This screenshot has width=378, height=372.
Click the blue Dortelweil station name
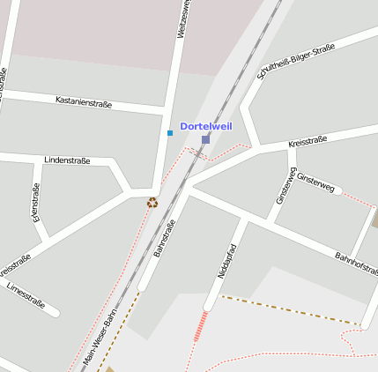point(205,127)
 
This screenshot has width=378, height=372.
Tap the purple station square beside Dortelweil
point(205,139)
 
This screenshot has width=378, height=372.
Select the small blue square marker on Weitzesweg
point(170,133)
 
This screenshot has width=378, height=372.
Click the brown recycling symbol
point(152,203)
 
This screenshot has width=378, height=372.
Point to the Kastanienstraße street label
point(83,102)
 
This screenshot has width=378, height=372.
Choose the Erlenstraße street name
point(36,203)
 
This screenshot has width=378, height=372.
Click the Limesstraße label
point(26,294)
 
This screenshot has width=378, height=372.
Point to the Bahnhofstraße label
point(355,267)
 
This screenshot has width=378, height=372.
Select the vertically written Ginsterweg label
point(282,185)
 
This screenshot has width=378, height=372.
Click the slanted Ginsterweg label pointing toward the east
point(315,182)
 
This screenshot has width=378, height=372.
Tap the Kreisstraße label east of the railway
point(308,142)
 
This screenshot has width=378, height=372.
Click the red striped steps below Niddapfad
point(201,325)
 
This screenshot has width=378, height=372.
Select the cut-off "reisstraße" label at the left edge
point(14,263)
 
